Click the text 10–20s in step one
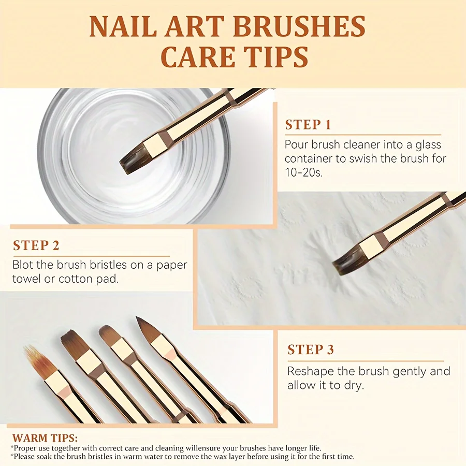(x=303, y=172)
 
